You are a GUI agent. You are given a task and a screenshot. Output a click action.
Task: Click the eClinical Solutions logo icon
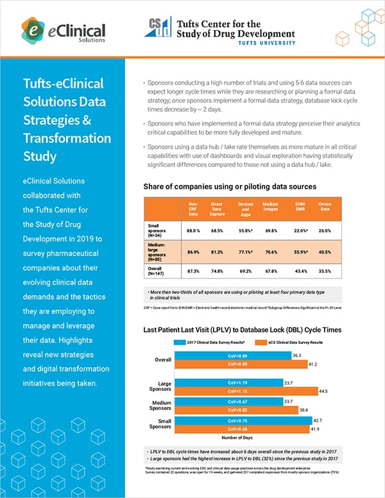click(x=33, y=28)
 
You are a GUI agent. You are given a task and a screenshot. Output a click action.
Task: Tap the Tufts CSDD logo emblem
click(x=159, y=29)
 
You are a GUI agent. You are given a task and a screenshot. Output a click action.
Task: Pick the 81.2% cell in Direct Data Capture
click(x=220, y=252)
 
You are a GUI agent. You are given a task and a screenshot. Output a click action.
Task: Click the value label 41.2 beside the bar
click(x=314, y=365)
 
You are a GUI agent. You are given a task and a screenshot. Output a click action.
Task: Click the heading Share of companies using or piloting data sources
click(x=230, y=186)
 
